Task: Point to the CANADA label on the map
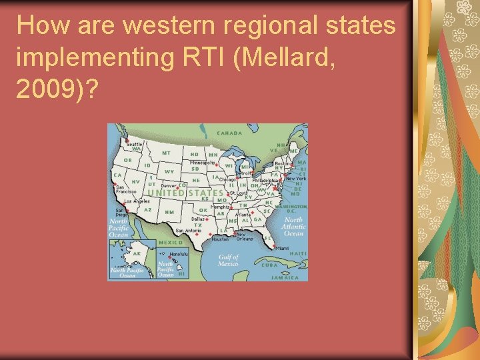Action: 229,133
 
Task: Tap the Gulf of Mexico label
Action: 228,260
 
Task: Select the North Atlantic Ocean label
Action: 294,227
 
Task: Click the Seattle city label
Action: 134,144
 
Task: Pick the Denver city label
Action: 168,185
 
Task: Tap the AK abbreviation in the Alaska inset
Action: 137,254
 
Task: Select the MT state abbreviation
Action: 166,153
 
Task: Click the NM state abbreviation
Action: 169,211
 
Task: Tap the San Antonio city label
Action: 188,231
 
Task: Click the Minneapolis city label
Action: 202,162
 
